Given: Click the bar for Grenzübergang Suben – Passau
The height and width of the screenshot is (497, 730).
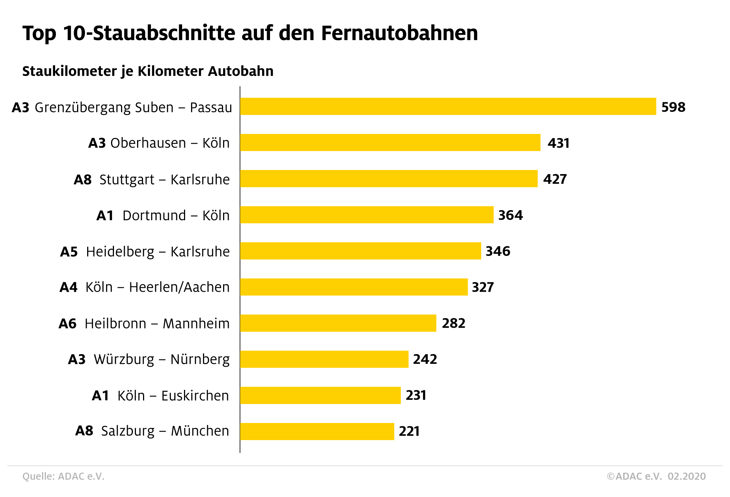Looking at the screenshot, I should coord(448,106).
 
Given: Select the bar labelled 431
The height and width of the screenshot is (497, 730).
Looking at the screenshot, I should coord(390,142).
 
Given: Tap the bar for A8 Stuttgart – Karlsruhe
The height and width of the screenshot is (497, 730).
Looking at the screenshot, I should coord(389,179).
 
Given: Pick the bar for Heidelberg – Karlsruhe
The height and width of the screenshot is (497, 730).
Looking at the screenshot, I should coord(361,251).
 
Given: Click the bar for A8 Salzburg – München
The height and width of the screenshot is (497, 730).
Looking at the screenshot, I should coord(317,431).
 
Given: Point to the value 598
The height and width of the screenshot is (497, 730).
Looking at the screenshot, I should coord(673,107).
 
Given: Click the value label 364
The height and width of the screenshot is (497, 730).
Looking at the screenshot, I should coord(510,215).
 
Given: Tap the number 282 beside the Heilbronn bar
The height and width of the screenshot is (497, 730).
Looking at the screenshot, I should coord(453,323).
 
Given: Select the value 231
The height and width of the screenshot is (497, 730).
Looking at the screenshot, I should coord(416,395).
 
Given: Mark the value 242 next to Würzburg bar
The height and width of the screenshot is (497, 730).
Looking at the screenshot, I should coord(425,359).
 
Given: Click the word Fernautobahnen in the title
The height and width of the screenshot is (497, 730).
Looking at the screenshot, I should coord(399,33).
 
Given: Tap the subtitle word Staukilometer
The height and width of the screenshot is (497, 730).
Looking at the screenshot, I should coord(70,71).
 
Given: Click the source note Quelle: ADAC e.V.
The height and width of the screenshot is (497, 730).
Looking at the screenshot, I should coord(63,476).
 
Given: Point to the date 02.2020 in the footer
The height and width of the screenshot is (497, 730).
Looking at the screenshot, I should coord(686,476).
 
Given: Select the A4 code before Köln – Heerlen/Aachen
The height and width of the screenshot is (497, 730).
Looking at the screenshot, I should coord(69,287).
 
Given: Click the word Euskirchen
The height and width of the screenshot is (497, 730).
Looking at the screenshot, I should coord(195,395).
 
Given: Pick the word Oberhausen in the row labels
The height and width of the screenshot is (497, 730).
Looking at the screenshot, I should coord(148,143).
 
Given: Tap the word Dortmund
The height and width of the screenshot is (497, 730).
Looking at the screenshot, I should coord(154,215).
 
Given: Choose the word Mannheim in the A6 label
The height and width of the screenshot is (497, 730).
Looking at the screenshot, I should coord(196,323).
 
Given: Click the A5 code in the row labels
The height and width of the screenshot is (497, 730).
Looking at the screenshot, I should coord(69,252).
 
